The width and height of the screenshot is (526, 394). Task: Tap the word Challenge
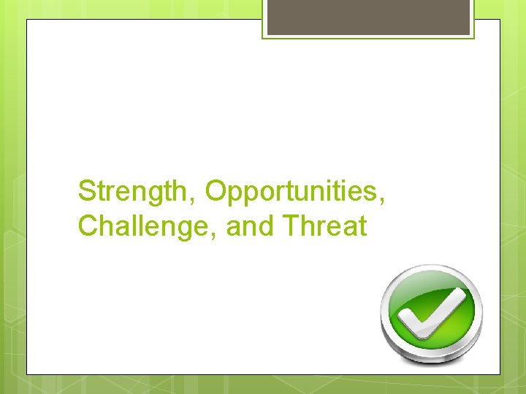click(146, 227)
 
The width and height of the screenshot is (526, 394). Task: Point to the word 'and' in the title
click(249, 227)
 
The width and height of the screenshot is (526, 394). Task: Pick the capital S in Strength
click(87, 191)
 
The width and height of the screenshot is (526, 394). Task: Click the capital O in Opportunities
click(216, 191)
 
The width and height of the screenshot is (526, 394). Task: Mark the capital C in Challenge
click(88, 227)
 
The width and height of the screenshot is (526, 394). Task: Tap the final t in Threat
click(362, 227)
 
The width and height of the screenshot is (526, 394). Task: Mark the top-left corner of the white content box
click(27, 20)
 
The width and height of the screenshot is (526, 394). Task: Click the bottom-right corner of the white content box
click(500, 374)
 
